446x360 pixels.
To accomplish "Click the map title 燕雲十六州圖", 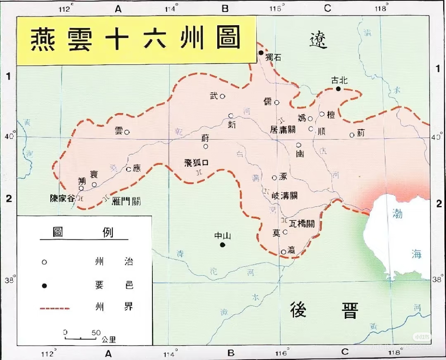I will (x=135, y=40).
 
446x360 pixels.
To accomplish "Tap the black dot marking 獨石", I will (x=261, y=52).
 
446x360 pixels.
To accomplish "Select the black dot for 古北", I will (x=338, y=89).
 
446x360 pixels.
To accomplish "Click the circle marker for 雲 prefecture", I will (x=127, y=132).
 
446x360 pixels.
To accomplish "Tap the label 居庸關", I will (x=283, y=129).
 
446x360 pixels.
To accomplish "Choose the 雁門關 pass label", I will (x=126, y=201).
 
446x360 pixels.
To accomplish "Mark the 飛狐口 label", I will (x=196, y=162).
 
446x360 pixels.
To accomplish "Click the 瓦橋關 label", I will (x=302, y=223).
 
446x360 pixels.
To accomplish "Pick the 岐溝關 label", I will (x=285, y=195).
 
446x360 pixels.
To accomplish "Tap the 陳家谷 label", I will (x=62, y=198).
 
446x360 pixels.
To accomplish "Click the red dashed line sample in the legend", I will (x=55, y=308).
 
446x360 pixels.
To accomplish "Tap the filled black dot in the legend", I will (x=44, y=286).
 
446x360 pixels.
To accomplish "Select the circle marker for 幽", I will (x=298, y=145).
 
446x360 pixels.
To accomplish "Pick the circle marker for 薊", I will (x=352, y=135).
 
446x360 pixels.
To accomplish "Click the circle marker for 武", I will (x=222, y=96).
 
